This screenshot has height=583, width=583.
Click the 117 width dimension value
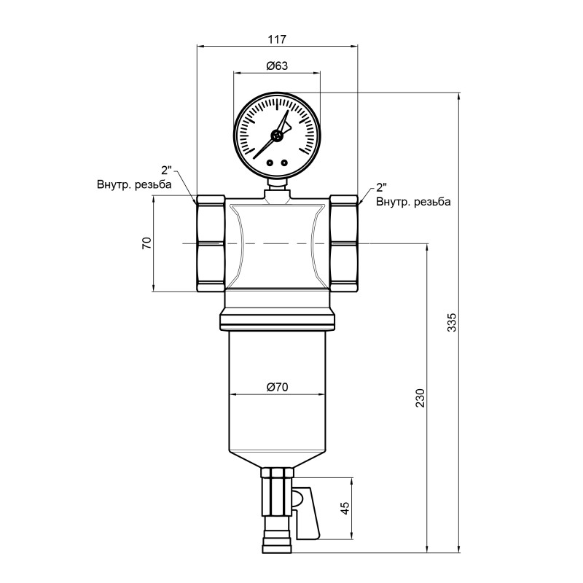(278, 39)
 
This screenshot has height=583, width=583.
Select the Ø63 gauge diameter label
(277, 66)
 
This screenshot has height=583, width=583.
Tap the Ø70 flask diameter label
(277, 388)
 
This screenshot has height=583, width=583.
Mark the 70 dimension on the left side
(146, 243)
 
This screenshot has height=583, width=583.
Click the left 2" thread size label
(167, 171)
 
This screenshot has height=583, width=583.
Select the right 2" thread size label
(383, 187)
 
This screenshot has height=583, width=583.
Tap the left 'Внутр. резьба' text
(134, 184)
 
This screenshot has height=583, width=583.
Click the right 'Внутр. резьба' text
(413, 200)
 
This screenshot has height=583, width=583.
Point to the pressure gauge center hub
(277, 136)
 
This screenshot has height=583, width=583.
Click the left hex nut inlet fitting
(210, 243)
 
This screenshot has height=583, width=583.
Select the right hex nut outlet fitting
(344, 243)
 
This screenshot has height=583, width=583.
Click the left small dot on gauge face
(270, 163)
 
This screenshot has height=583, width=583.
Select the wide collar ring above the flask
(277, 318)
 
